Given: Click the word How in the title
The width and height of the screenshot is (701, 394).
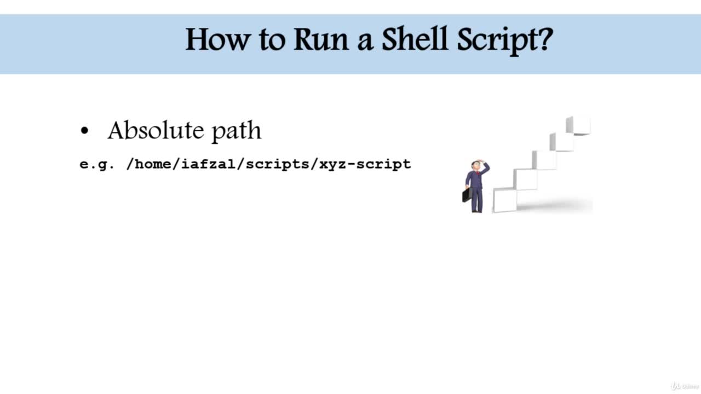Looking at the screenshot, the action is (218, 39).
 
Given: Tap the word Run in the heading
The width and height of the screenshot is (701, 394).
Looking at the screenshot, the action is (321, 39).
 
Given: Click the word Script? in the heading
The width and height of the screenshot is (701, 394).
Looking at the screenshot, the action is (505, 40).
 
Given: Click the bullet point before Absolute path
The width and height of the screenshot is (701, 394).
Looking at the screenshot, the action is (84, 131).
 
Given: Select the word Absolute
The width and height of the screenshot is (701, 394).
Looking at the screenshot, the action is (156, 130).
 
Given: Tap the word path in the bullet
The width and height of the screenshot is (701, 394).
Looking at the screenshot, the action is (237, 131).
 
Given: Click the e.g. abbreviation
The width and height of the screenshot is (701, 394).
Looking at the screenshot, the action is (97, 165).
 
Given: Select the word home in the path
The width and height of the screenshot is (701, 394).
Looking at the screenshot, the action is (153, 164).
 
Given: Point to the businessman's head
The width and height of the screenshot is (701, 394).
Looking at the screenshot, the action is (476, 166).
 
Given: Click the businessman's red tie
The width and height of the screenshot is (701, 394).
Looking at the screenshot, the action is (478, 174).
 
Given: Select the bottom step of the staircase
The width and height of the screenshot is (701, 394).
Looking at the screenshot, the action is (505, 200).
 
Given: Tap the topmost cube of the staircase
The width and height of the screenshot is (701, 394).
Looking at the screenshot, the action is (578, 125).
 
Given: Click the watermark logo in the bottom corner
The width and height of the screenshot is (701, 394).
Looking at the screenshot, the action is (685, 386).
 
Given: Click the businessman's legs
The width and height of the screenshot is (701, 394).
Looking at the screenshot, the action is (477, 200).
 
